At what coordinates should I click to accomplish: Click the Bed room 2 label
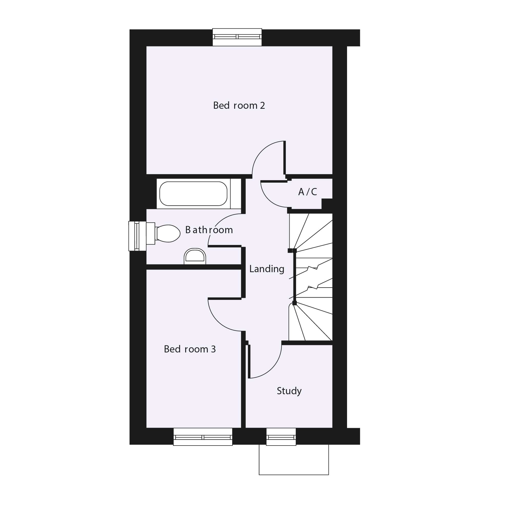239,106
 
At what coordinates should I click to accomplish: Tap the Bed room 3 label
190,349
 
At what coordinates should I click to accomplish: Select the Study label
289,391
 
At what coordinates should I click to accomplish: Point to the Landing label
267,269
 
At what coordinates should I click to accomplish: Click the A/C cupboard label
308,192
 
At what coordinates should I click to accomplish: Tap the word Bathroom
209,230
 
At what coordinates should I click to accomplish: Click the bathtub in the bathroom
193,194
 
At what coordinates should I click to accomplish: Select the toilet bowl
167,233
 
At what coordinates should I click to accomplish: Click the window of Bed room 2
237,37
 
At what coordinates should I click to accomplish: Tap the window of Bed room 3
203,437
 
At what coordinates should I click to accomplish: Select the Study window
281,437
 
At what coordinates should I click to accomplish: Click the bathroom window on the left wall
137,236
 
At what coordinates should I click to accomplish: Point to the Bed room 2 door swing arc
262,150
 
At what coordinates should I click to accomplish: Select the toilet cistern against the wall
151,233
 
